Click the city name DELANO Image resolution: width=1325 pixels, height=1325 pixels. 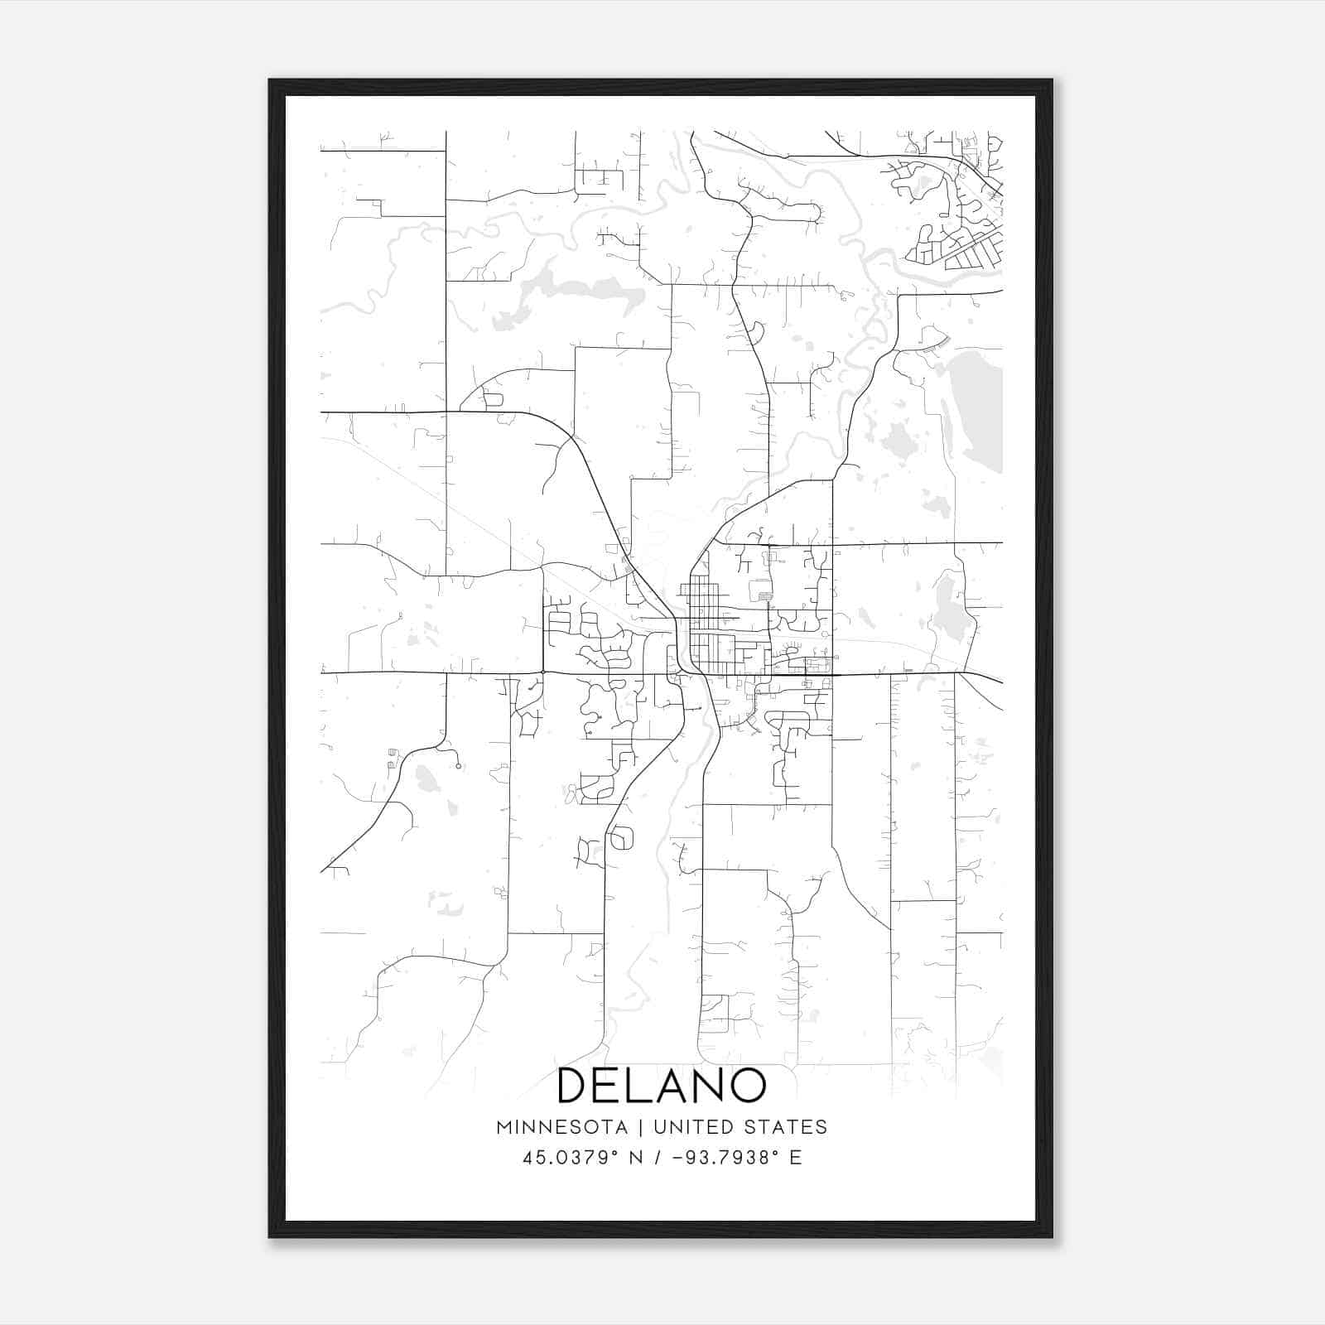tap(662, 1085)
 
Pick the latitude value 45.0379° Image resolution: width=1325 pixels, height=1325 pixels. tap(571, 1158)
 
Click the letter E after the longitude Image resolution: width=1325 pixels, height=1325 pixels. tap(796, 1158)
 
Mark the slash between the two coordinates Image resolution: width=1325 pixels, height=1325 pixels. tap(658, 1158)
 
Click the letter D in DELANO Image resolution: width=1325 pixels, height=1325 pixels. tap(573, 1085)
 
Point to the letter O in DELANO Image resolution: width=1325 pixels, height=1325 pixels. tap(747, 1085)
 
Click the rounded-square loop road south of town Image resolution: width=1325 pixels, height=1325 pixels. tap(621, 838)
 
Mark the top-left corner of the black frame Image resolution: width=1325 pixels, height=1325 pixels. tap(270, 80)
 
